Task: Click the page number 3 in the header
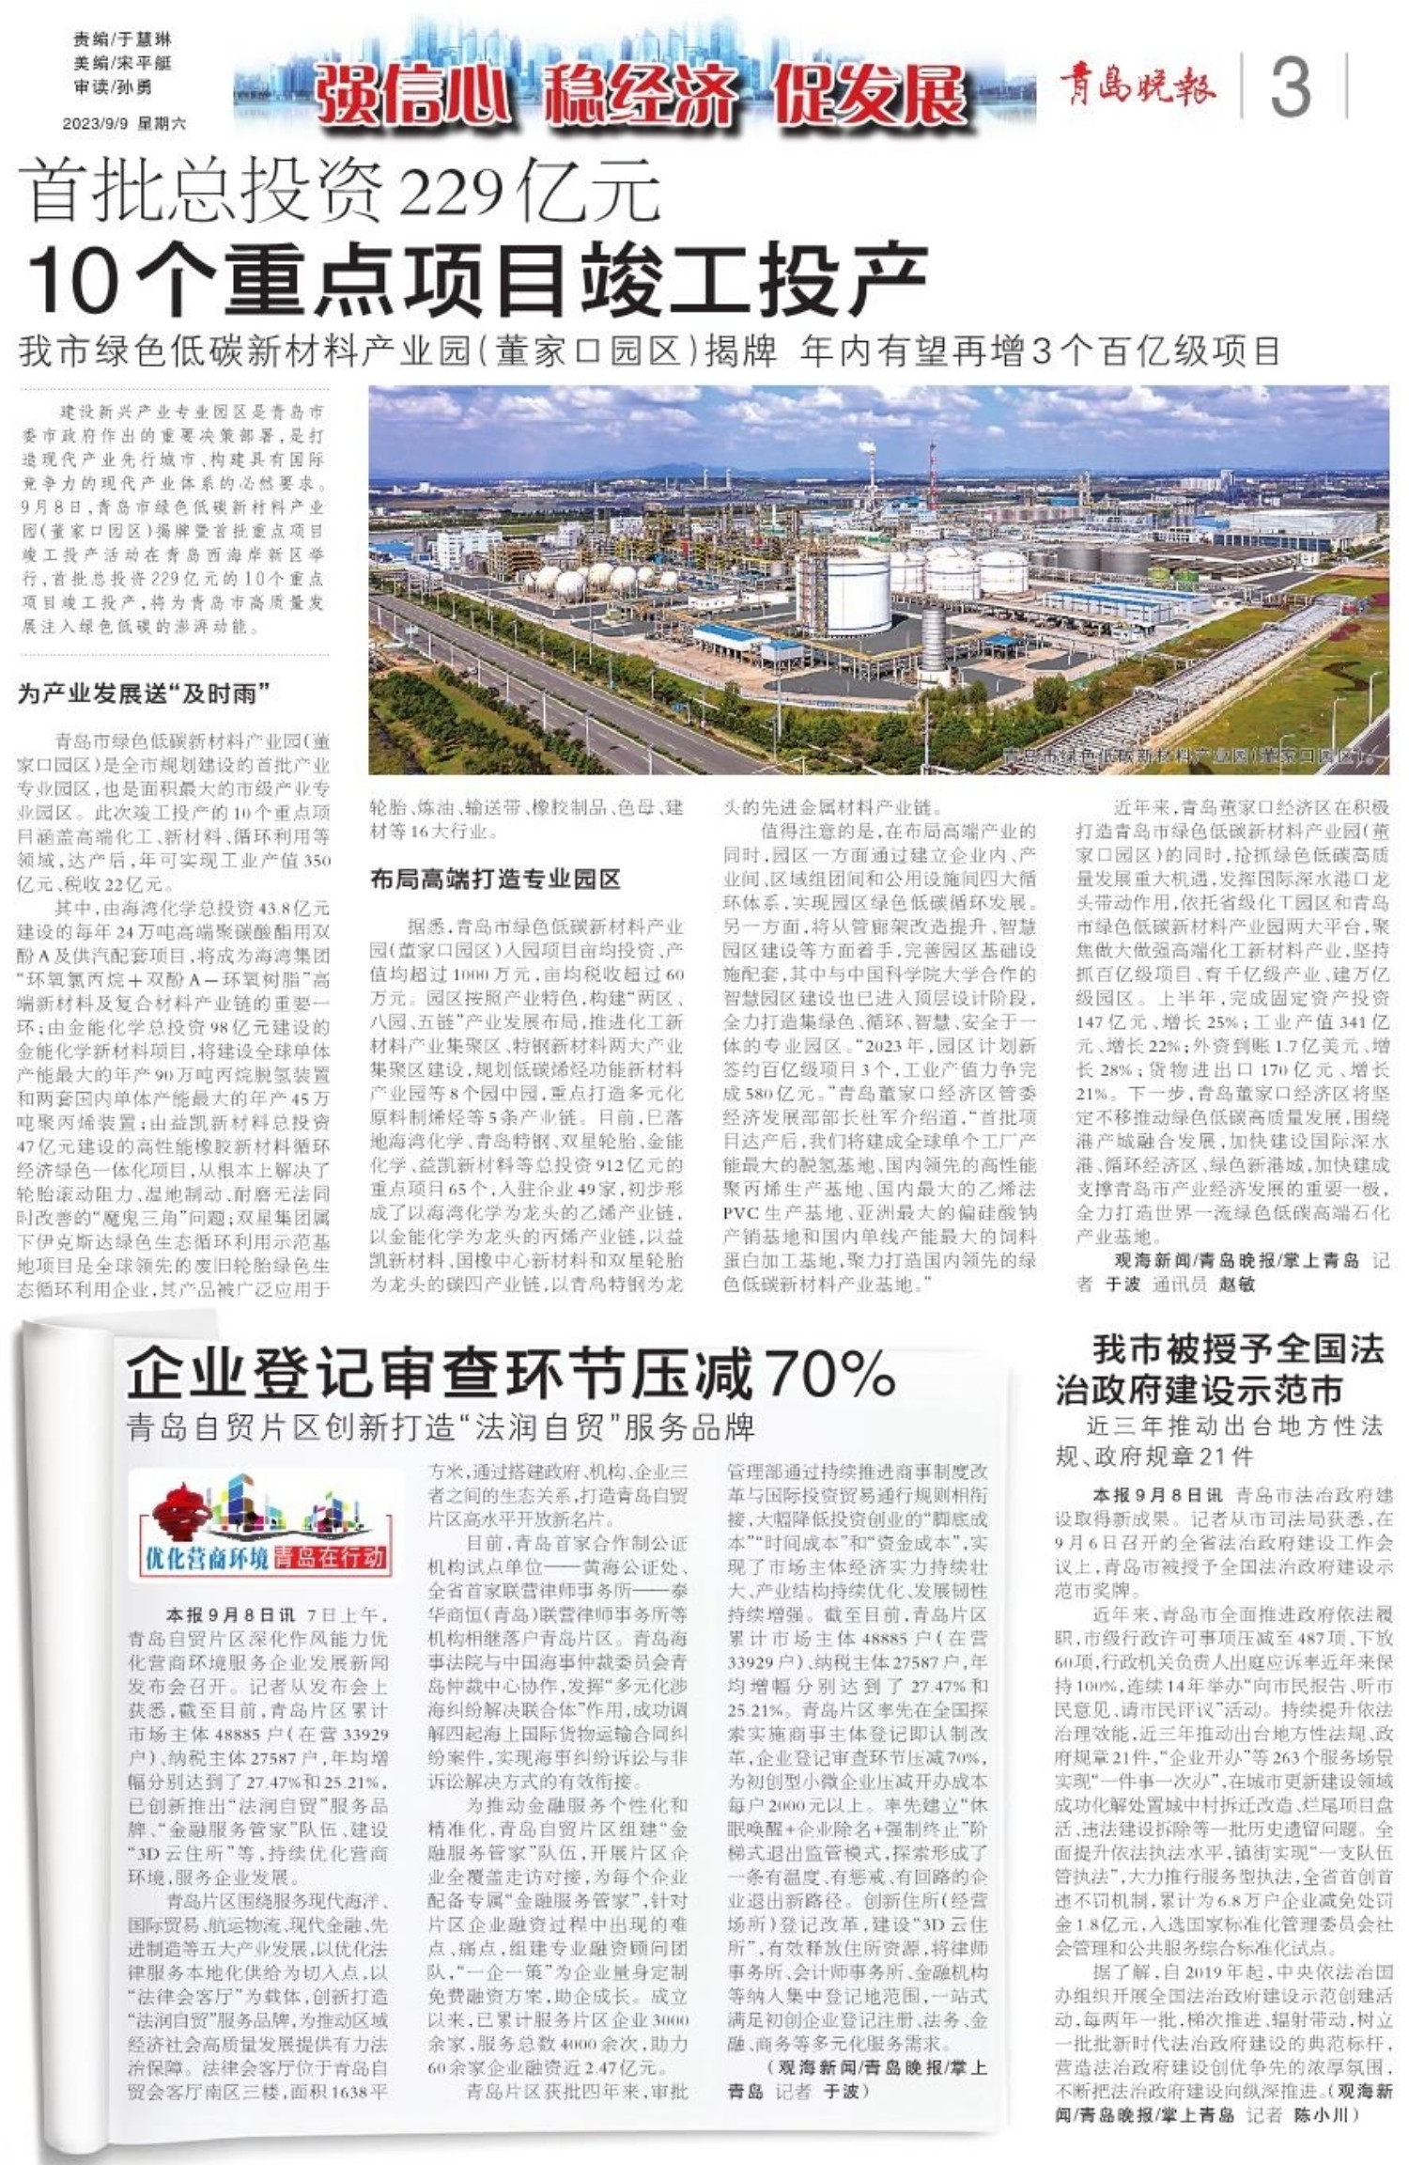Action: tap(1291, 86)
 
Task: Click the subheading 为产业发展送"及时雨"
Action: tap(145, 694)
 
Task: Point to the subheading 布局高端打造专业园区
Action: tap(495, 879)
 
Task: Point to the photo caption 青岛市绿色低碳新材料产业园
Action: tap(1184, 755)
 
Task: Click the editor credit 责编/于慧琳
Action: tap(122, 39)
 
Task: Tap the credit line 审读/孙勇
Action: tap(113, 87)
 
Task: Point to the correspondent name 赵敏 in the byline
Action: tap(1236, 1284)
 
